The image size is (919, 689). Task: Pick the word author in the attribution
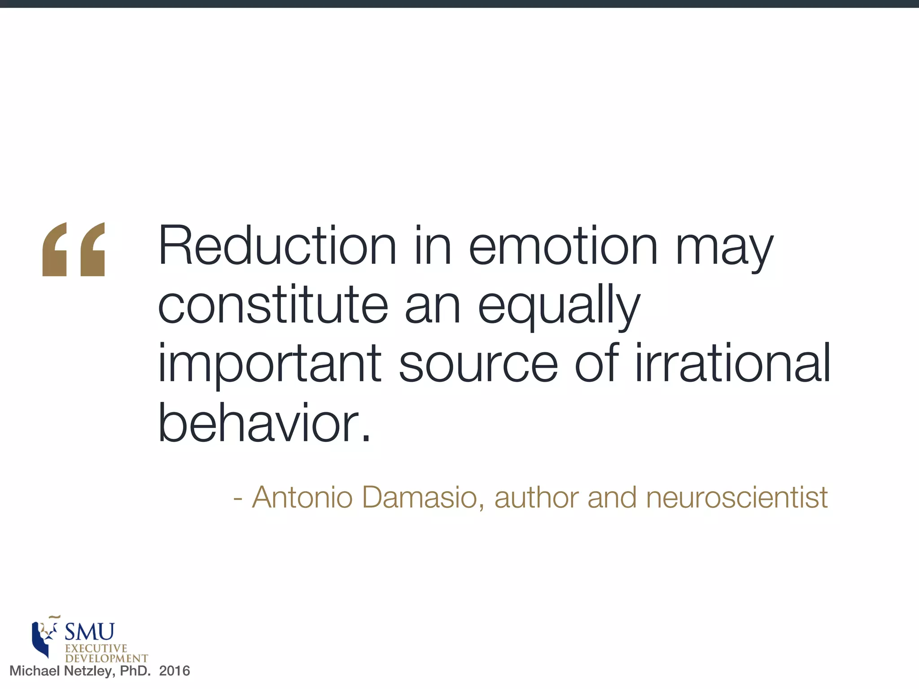537,497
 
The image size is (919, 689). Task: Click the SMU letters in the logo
90,632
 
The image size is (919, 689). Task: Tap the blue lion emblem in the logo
44,637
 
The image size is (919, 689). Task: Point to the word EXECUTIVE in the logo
96,649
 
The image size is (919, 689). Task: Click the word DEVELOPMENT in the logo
106,658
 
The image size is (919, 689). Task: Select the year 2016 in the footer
175,671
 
